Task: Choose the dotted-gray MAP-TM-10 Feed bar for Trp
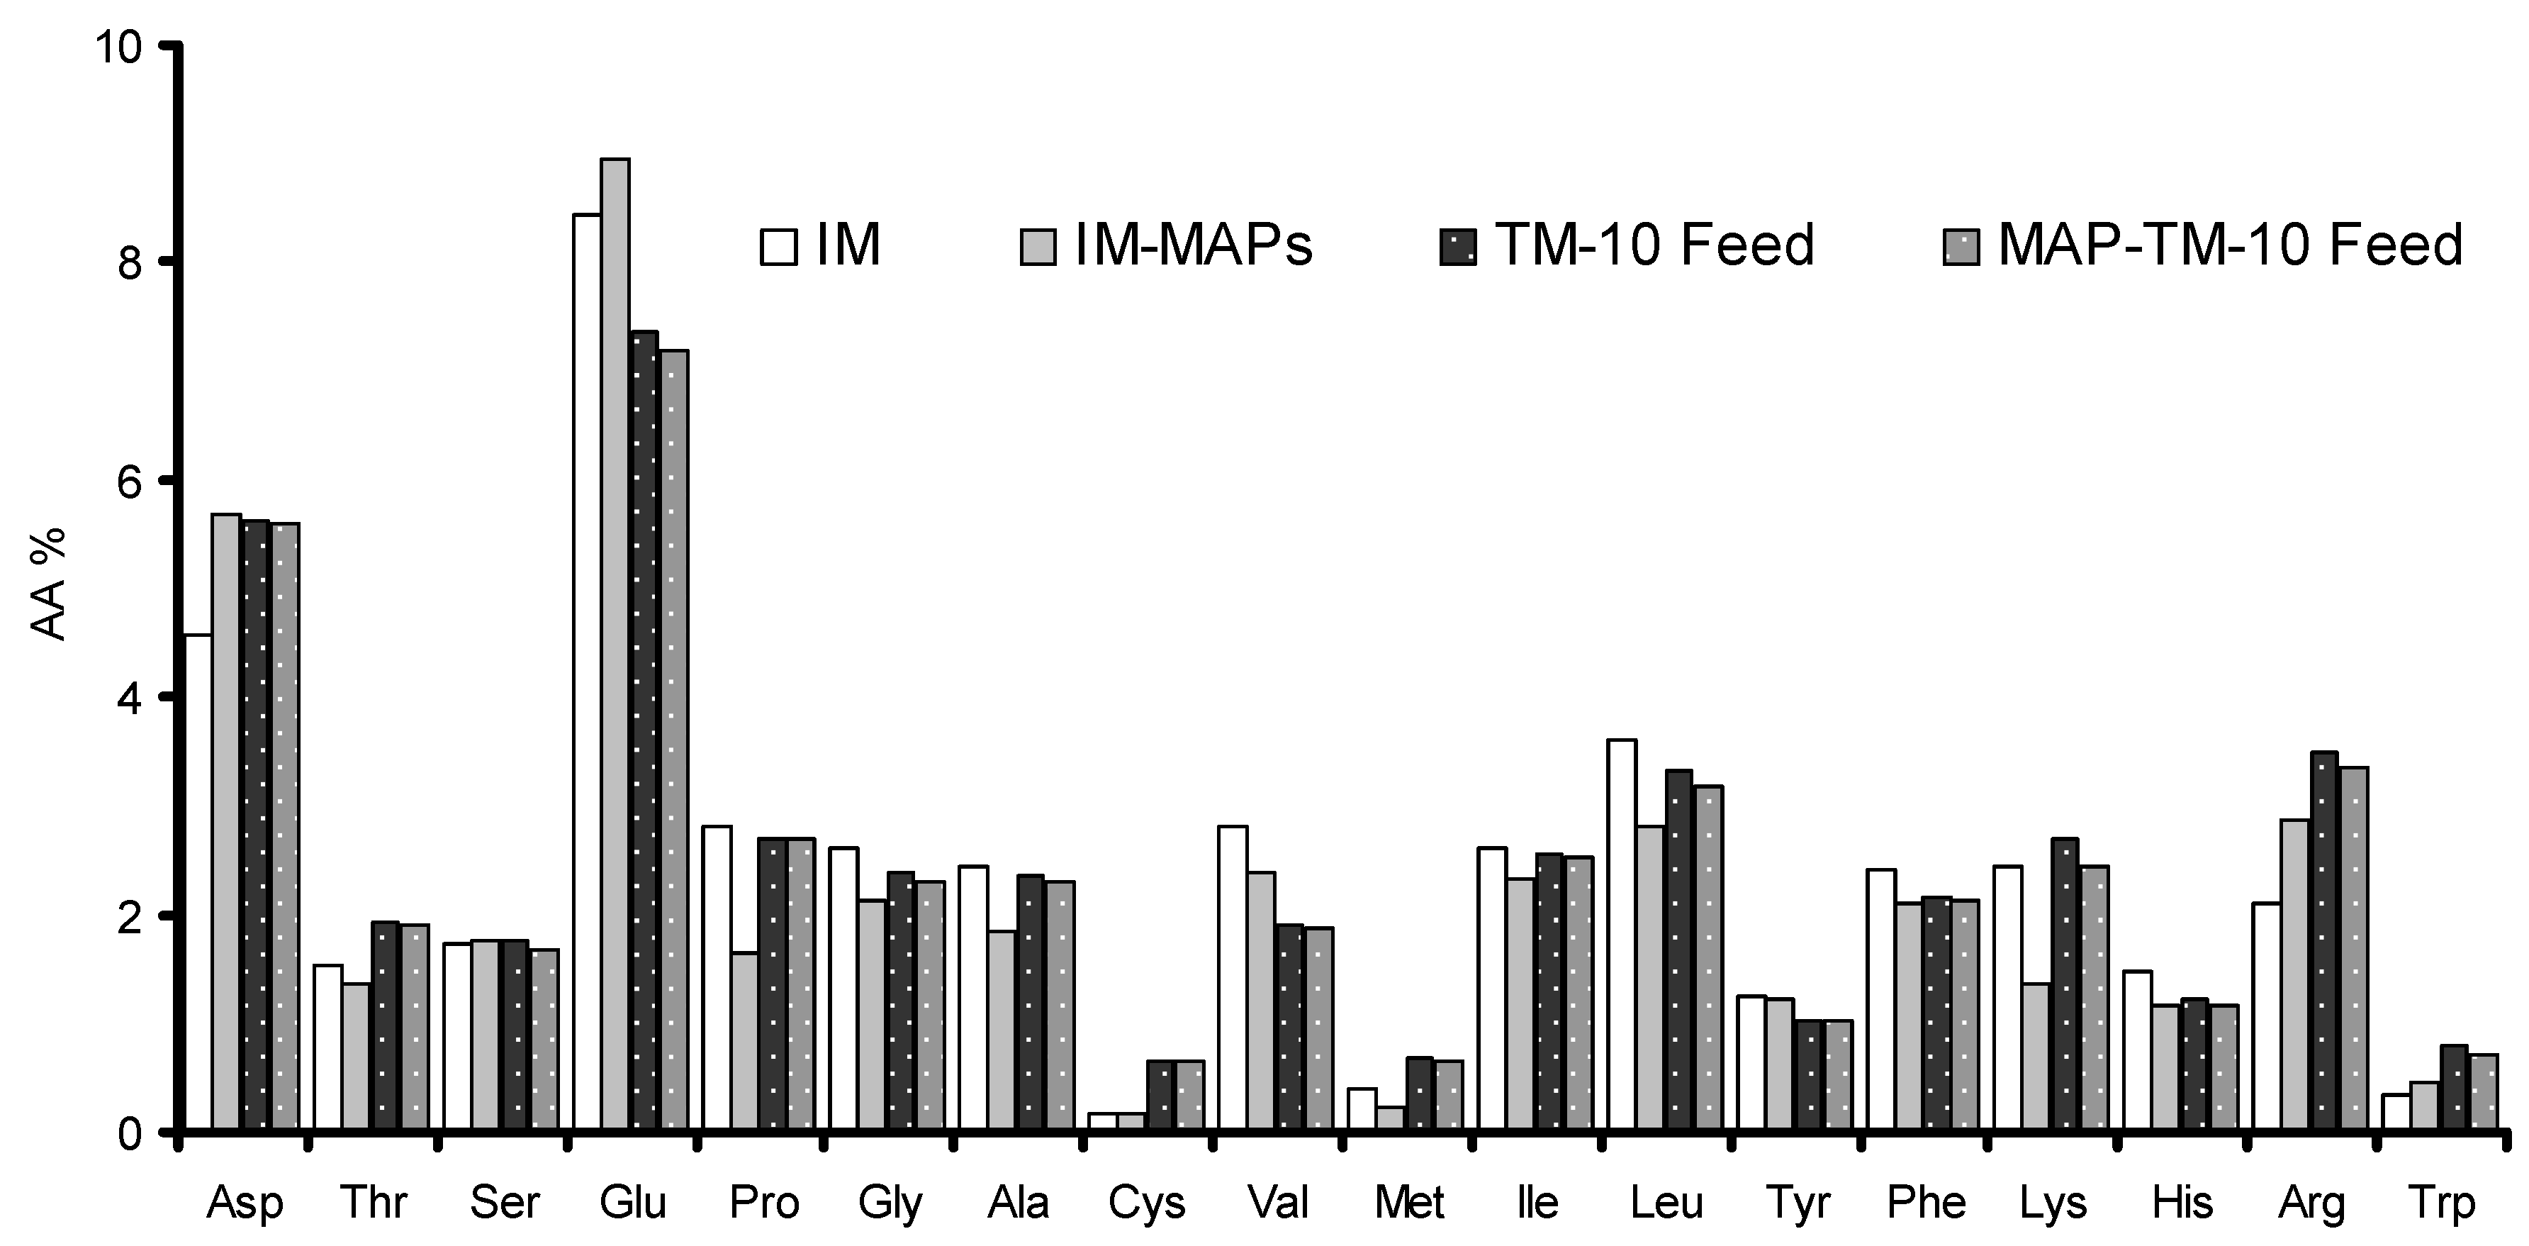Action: (x=2483, y=1093)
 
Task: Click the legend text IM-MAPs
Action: (x=1193, y=245)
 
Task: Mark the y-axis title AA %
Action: (x=49, y=584)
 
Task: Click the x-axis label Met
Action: (x=1409, y=1203)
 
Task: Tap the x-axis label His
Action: (x=2182, y=1203)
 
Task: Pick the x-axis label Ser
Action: (x=505, y=1203)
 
